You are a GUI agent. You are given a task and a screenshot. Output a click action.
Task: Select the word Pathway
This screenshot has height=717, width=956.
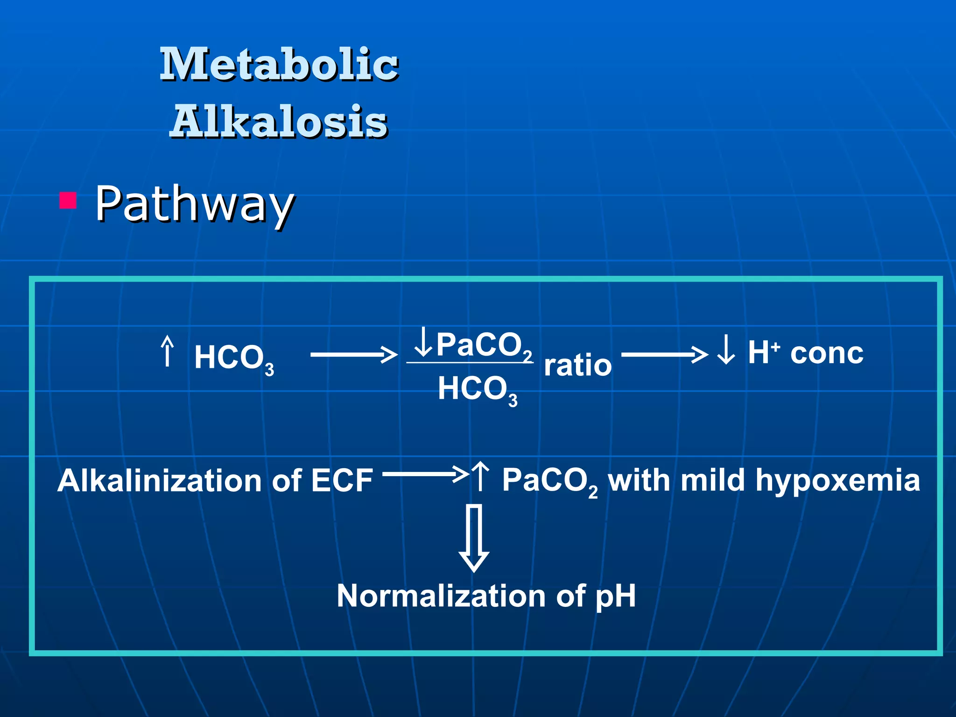point(195,204)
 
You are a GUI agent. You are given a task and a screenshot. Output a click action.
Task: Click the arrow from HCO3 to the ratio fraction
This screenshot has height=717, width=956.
point(353,355)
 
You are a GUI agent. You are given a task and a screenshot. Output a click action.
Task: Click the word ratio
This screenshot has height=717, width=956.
point(577,365)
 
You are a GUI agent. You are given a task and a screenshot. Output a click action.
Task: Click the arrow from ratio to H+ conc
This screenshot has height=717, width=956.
point(664,355)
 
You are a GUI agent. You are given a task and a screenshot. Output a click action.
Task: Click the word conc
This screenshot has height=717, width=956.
point(827,353)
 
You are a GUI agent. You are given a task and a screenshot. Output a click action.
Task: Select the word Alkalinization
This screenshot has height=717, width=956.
point(159,481)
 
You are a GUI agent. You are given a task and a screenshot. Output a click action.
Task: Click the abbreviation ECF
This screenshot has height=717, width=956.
point(342,481)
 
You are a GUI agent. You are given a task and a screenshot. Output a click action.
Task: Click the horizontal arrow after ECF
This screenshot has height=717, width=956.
point(425,474)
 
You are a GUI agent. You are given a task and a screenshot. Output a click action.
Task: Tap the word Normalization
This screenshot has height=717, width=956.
point(441,596)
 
